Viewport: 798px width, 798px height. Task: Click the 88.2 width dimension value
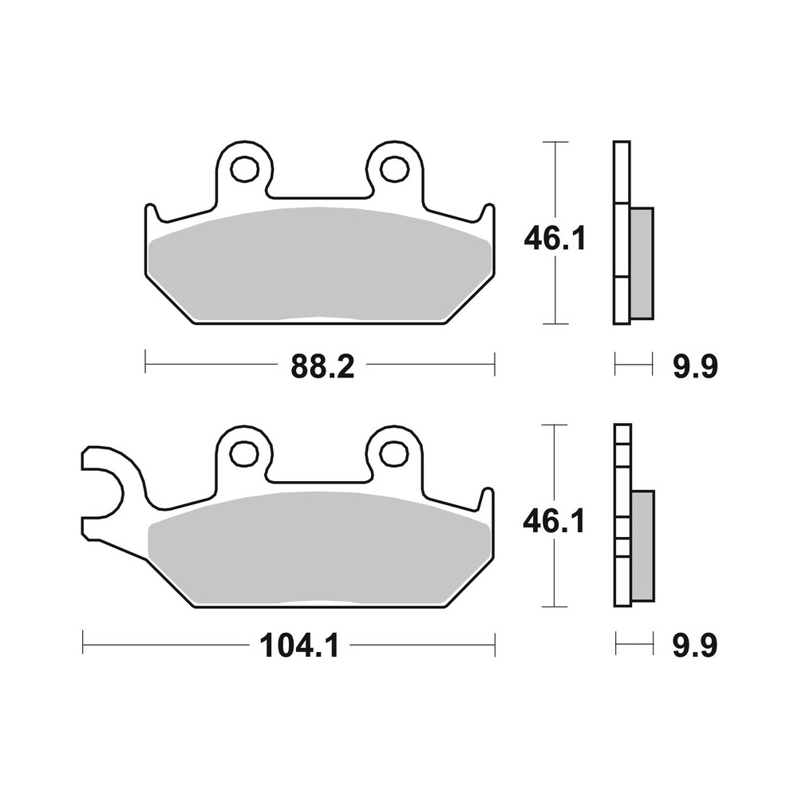318,367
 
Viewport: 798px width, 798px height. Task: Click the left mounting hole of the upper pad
244,168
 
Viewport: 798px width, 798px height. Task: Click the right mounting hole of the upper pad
393,168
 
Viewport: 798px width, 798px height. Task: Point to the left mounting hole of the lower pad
244,453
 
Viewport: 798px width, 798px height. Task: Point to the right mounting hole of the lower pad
393,453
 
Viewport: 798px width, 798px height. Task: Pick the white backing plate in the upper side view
622,231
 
